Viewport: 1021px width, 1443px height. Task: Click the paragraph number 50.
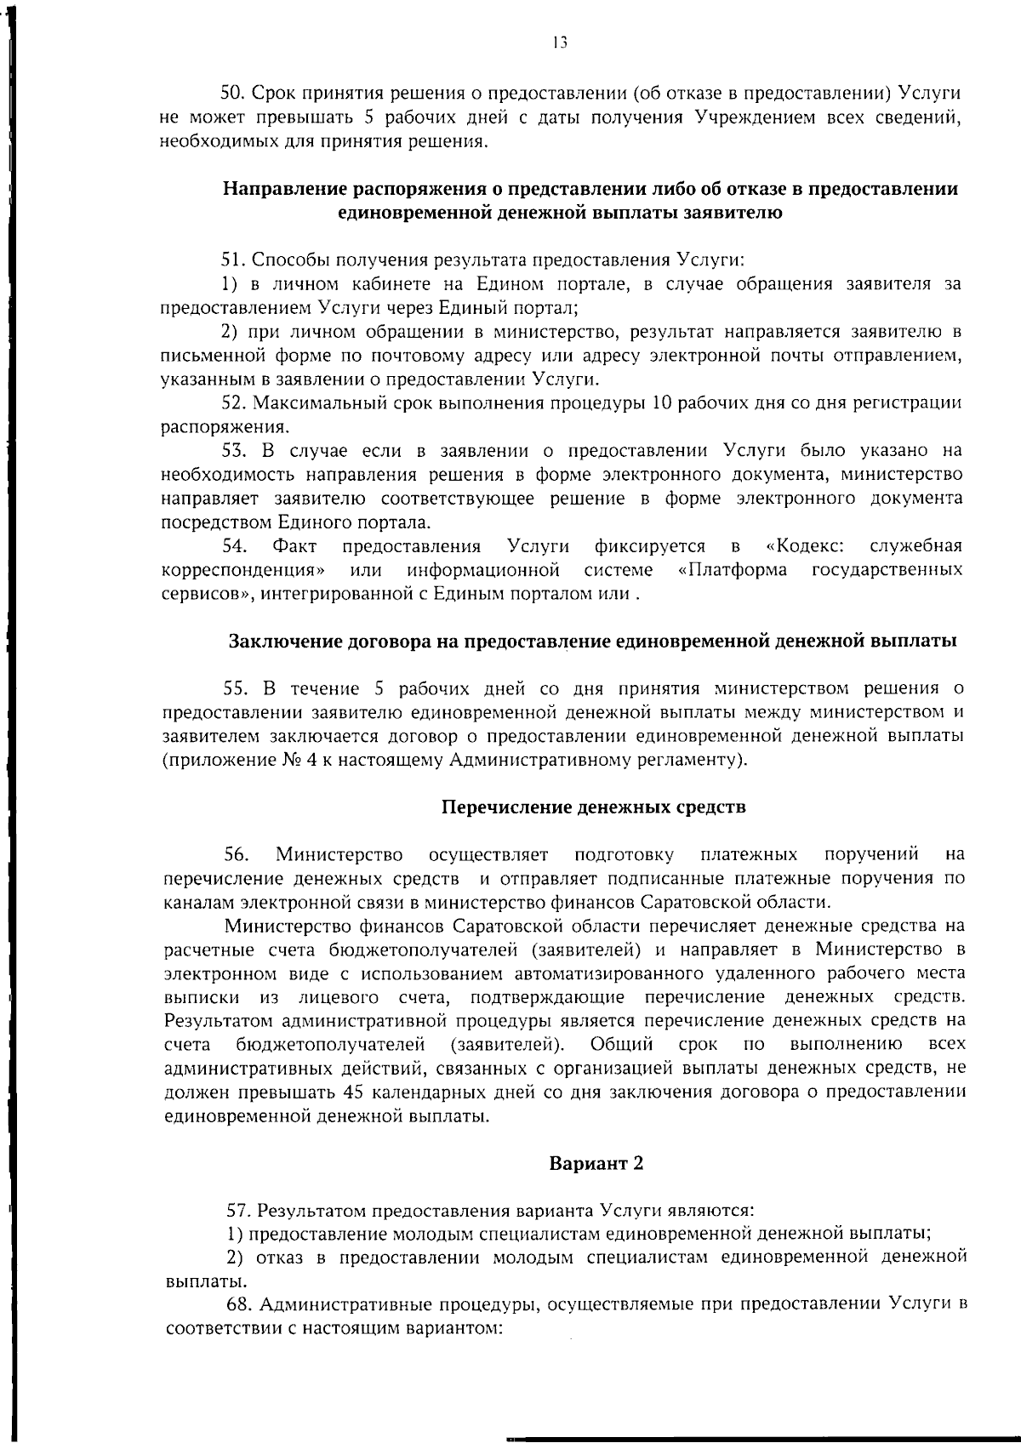(x=233, y=93)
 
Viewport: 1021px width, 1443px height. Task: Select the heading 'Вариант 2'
(x=596, y=1163)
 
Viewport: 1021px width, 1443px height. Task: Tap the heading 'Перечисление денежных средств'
(x=594, y=807)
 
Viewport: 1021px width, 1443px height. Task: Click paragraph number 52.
(x=233, y=402)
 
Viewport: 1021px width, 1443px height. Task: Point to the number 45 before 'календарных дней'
(x=353, y=1092)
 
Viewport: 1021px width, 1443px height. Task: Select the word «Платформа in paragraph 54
(x=733, y=569)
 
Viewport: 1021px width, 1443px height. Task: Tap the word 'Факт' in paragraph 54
(x=294, y=545)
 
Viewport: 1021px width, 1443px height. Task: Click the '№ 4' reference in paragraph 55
(x=296, y=759)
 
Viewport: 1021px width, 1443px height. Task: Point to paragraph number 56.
(x=236, y=853)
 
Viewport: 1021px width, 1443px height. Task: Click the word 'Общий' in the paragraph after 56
(x=622, y=1044)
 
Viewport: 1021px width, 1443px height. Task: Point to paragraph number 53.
(x=233, y=450)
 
